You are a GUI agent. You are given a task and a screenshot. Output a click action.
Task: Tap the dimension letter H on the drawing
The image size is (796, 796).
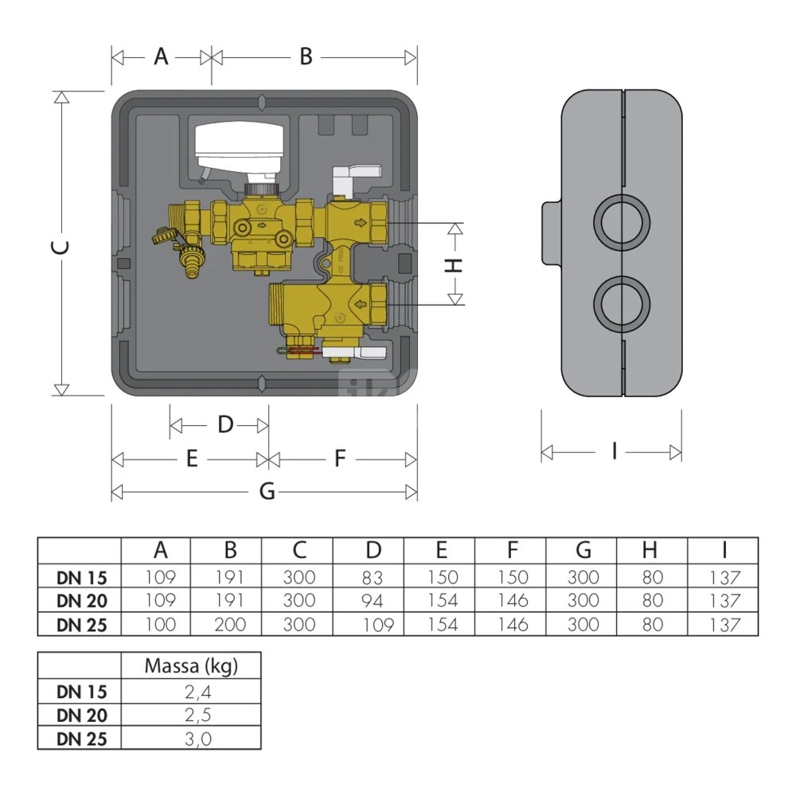click(x=453, y=265)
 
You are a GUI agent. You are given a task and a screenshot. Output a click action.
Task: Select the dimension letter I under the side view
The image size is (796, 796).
click(x=614, y=451)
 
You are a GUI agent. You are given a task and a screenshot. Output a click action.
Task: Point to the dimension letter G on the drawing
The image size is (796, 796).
click(x=267, y=492)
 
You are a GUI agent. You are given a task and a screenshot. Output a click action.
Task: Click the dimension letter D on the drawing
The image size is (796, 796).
click(x=225, y=425)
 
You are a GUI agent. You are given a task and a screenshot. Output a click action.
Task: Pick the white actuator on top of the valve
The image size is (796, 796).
click(x=237, y=146)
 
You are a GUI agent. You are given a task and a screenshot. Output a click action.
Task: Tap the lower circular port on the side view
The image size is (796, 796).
click(x=623, y=305)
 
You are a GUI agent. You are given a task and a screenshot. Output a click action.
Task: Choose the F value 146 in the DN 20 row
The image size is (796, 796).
click(x=512, y=601)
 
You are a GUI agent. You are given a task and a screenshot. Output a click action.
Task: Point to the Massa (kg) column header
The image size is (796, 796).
click(x=191, y=666)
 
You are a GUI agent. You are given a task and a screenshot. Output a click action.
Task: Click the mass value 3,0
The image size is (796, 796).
click(x=192, y=738)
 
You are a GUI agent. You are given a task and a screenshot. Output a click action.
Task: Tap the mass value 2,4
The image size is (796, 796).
click(x=192, y=690)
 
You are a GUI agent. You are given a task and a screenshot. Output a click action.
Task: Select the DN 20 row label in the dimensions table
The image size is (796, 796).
click(x=81, y=601)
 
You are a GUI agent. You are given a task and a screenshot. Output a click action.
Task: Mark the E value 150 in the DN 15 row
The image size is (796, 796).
click(x=441, y=577)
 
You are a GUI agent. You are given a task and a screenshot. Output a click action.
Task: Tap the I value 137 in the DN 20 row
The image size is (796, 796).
click(x=723, y=601)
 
